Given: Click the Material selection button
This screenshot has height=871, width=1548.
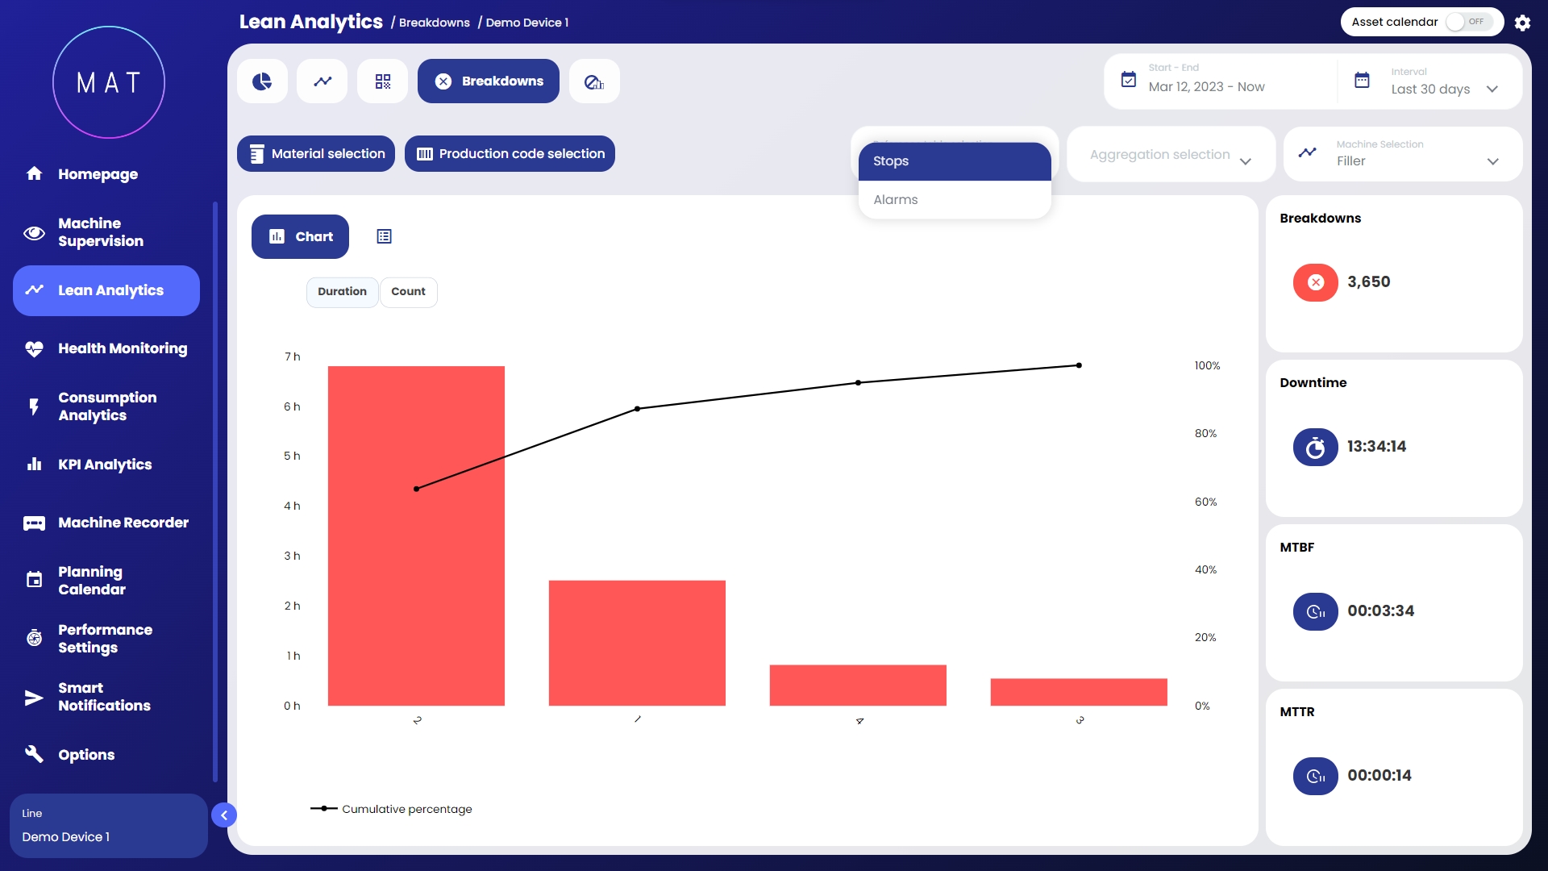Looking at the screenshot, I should pos(316,153).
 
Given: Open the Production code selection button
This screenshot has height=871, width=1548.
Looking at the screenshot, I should pos(510,153).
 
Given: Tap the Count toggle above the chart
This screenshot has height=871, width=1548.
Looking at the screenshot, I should pos(408,292).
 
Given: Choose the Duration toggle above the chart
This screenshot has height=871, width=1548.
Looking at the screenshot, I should pos(342,292).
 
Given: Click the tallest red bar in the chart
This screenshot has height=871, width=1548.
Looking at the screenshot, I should pos(416,536).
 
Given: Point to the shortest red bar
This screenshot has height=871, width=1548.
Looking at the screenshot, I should pos(1079,692).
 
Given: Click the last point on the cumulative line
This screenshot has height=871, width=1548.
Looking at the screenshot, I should pos(1079,365).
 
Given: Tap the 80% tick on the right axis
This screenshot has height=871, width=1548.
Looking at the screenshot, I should pos(1205,434).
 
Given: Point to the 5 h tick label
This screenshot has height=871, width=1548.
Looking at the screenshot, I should pos(292,456).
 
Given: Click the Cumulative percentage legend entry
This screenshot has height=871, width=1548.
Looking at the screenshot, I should pos(392,809).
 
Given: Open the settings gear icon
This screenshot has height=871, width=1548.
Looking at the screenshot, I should pos(1522,23).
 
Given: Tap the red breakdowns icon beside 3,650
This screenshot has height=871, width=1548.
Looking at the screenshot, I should pos(1315,282).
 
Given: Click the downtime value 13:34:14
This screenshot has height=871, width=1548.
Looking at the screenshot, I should pos(1376,447).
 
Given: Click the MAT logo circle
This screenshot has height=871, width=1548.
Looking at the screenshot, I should pos(109,82).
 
